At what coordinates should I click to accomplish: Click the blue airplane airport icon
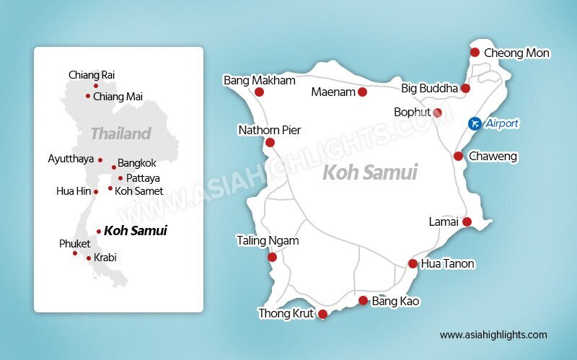tap(474, 123)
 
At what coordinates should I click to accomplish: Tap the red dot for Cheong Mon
tap(475, 52)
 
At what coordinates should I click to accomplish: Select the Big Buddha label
tap(429, 88)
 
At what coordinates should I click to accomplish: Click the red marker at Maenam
tap(362, 92)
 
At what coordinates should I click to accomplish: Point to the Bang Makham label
tap(260, 80)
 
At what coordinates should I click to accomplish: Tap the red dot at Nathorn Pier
tap(270, 143)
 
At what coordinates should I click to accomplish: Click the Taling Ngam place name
tap(268, 241)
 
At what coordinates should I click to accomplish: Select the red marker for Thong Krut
tap(322, 314)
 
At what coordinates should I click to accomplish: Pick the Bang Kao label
tap(395, 301)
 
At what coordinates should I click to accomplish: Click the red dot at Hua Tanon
tap(413, 264)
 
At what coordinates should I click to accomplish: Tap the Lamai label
tap(443, 221)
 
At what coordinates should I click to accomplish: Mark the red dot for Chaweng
tap(458, 156)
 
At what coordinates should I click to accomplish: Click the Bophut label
tap(412, 112)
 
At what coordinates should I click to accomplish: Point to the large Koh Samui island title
tap(369, 172)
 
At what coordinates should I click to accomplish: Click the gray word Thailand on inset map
tap(120, 133)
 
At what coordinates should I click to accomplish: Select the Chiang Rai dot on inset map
tap(96, 86)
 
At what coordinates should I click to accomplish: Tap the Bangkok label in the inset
tap(137, 164)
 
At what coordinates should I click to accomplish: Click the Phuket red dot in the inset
tap(75, 253)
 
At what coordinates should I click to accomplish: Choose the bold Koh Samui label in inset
tap(136, 231)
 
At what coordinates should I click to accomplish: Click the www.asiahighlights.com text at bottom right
tap(493, 335)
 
